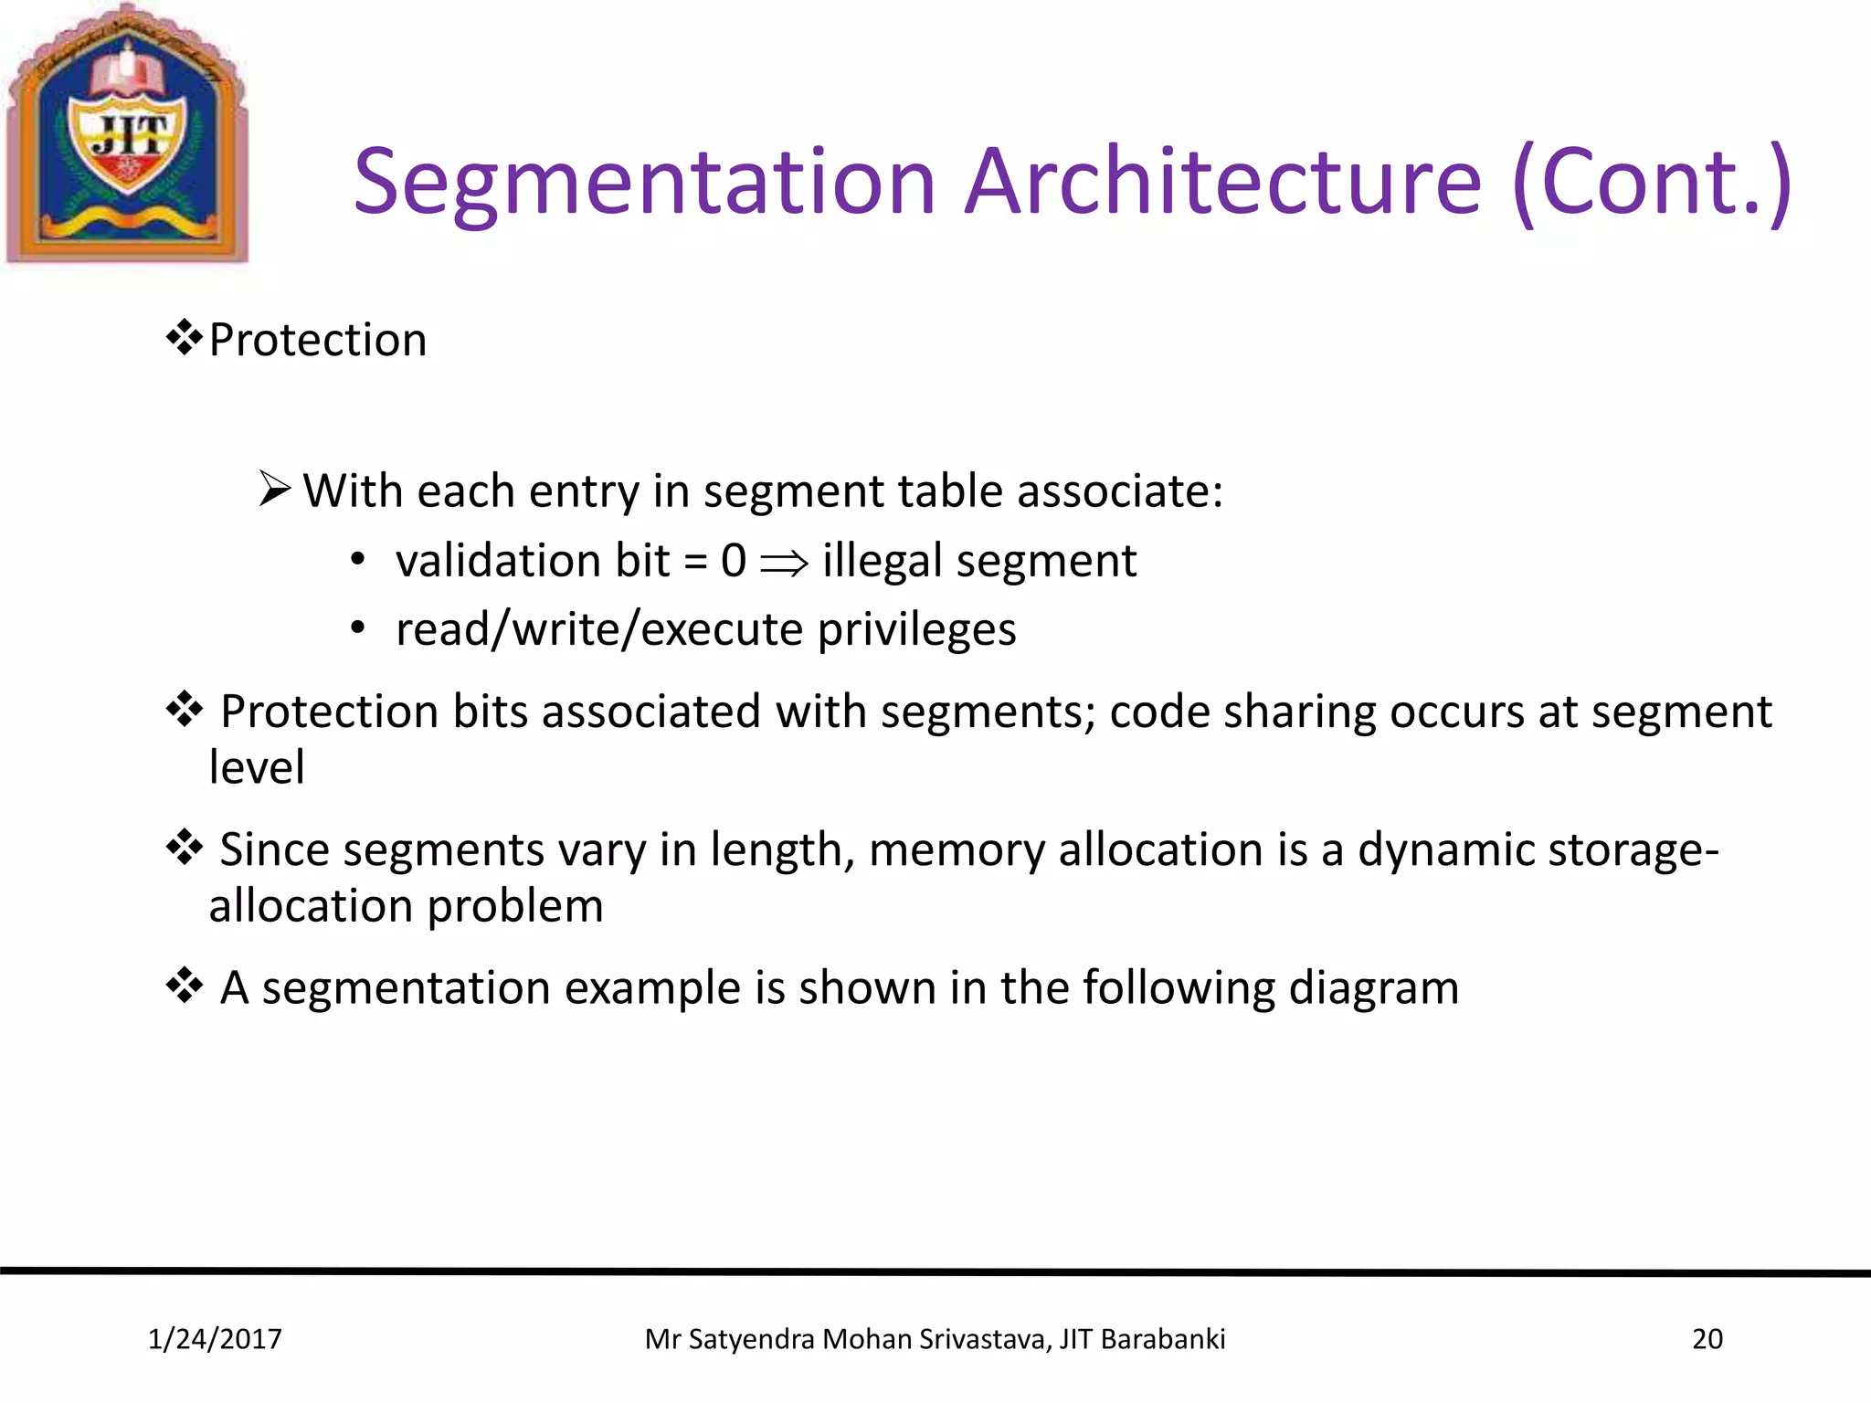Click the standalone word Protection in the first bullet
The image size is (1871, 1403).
(x=318, y=341)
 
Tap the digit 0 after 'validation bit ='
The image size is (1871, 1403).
(x=734, y=560)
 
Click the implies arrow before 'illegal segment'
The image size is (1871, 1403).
(x=785, y=563)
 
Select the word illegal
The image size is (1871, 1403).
(x=882, y=561)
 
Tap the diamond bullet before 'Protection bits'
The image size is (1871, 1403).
(x=184, y=709)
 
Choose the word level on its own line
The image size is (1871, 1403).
(x=257, y=767)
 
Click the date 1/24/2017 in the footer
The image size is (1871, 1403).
(x=215, y=1339)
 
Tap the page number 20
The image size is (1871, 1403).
(x=1707, y=1339)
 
